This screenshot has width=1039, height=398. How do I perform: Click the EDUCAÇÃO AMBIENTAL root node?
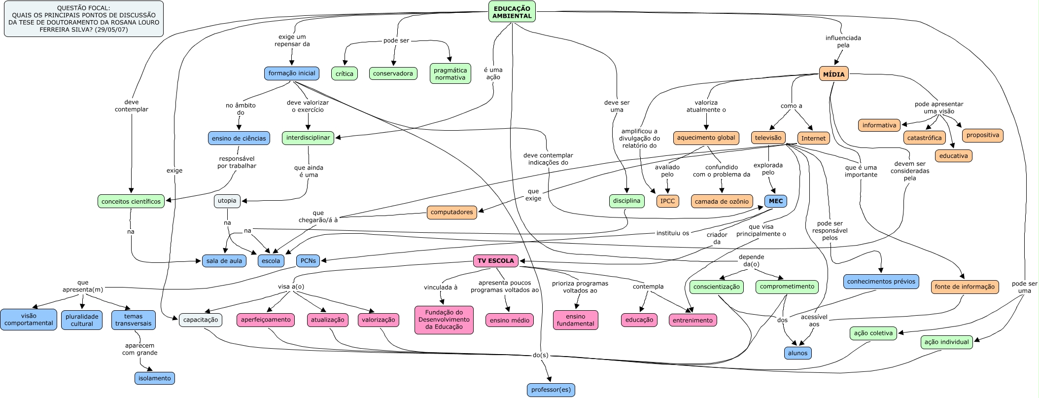click(512, 12)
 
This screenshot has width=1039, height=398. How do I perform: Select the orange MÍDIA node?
click(833, 74)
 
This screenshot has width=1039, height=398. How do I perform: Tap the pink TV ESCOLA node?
click(495, 260)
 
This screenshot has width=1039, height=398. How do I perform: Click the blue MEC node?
click(775, 201)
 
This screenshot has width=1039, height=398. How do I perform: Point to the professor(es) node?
click(551, 390)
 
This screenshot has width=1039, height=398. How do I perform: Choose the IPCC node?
click(667, 201)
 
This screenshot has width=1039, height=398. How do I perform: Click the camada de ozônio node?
click(721, 201)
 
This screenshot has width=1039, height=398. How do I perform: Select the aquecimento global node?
click(706, 138)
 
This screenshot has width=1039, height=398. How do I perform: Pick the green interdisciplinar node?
click(308, 138)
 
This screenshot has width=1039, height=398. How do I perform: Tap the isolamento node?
click(154, 378)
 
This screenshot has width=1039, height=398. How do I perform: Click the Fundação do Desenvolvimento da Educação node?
click(444, 320)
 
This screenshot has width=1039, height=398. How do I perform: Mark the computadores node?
click(451, 212)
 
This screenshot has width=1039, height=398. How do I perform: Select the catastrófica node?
click(924, 138)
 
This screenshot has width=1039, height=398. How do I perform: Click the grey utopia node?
click(227, 201)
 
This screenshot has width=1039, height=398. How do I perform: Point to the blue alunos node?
click(797, 353)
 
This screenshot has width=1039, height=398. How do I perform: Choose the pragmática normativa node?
click(450, 73)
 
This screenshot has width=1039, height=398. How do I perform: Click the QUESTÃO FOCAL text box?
click(84, 19)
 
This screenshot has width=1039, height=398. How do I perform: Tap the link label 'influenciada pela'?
click(843, 41)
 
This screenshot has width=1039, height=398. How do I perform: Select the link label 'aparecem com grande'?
click(140, 349)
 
